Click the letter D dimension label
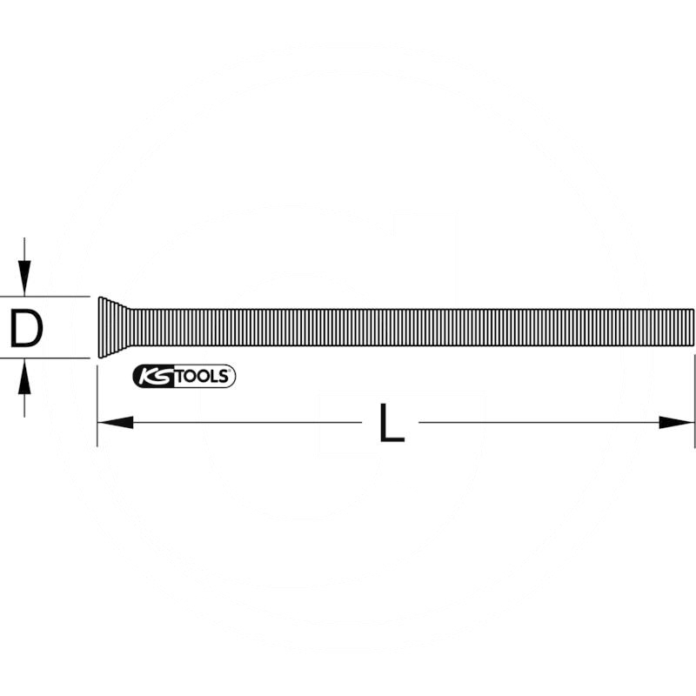[27, 328]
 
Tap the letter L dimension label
[391, 424]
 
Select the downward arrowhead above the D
[26, 280]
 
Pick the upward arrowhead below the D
[26, 375]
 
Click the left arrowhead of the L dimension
[113, 423]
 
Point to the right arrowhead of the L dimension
[679, 423]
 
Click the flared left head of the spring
[108, 327]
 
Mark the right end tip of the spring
[693, 327]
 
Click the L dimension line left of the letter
[244, 423]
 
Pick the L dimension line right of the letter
[539, 423]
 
